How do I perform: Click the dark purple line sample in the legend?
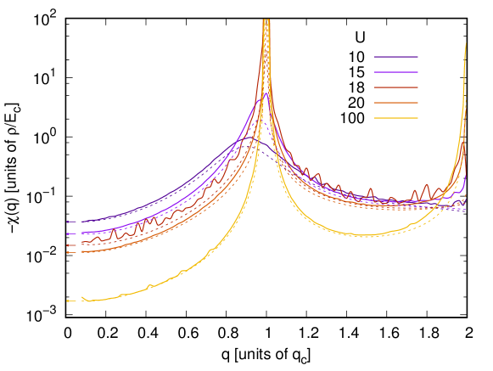pos(396,57)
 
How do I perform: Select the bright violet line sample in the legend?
pos(396,72)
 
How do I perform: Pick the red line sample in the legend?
pos(396,87)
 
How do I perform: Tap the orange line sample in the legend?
pos(396,103)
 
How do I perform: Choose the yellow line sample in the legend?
pos(396,118)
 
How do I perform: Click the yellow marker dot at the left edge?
pos(68,301)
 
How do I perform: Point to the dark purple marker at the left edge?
pos(68,222)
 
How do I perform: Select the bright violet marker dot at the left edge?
pos(68,233)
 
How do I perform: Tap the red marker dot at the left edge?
pos(68,245)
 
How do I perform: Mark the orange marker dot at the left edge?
pos(68,252)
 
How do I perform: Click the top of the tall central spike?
pos(266,20)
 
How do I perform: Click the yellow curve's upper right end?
pos(466,43)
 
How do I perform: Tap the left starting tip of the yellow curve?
pos(82,297)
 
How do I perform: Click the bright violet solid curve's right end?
pos(466,176)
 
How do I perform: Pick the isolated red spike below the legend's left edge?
pos(370,189)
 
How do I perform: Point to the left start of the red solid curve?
pos(82,243)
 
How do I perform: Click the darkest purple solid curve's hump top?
pos(261,143)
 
